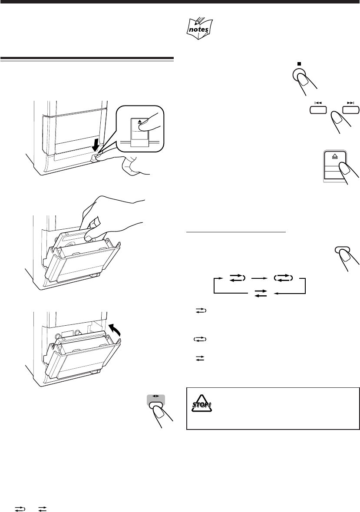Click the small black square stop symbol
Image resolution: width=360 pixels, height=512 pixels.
coord(299,63)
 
